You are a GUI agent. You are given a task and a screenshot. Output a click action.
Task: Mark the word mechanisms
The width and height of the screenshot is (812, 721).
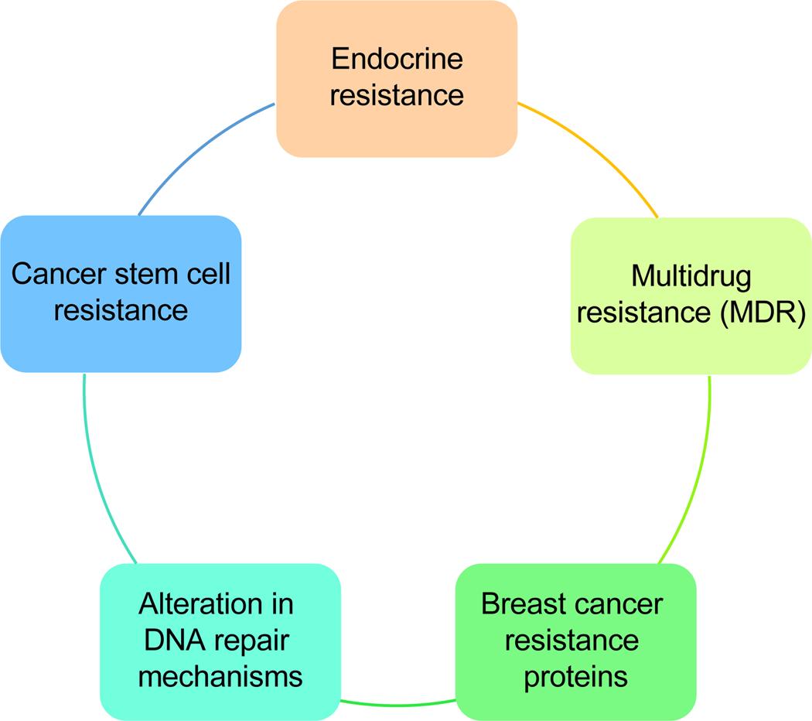pos(220,676)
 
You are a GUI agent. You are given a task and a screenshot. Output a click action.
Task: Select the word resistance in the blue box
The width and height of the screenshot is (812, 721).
pos(121,310)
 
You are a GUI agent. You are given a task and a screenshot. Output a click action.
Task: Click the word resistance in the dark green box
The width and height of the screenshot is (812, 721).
pos(575,640)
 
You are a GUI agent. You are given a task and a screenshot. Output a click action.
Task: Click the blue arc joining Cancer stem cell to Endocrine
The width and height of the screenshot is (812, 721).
pos(201,151)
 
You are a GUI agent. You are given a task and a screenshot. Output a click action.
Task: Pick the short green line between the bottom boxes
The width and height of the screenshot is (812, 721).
pos(398,704)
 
